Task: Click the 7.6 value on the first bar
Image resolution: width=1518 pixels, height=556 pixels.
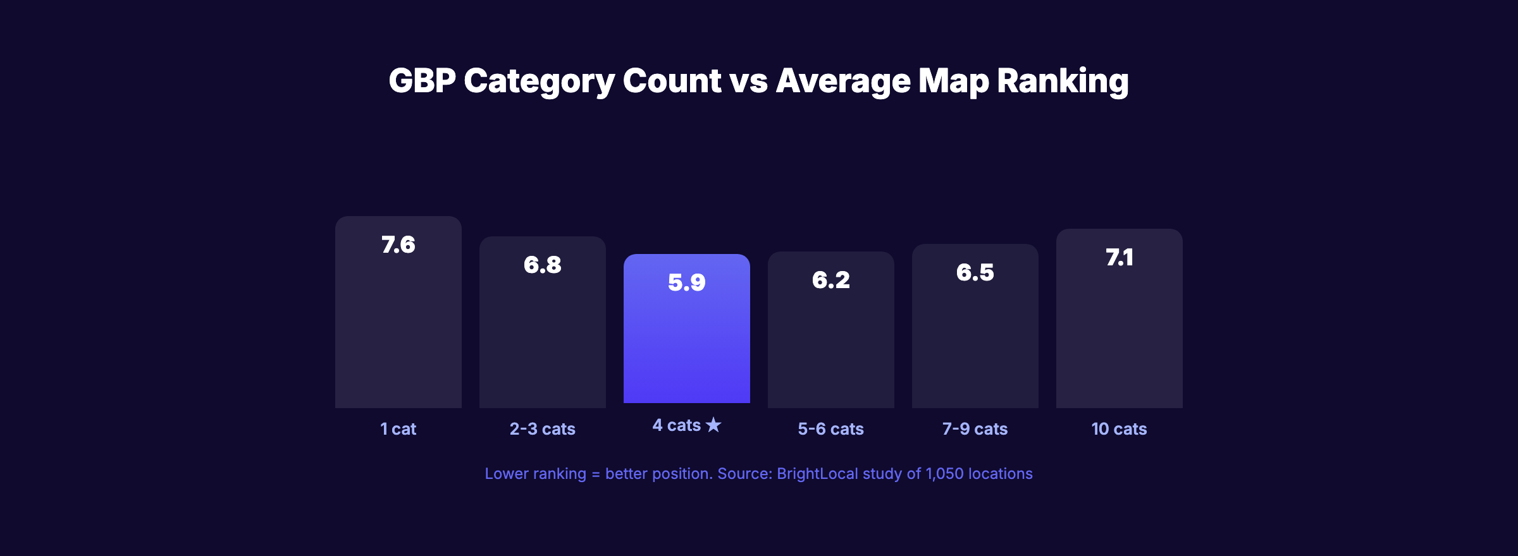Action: (398, 245)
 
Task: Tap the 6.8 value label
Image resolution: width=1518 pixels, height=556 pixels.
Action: (542, 265)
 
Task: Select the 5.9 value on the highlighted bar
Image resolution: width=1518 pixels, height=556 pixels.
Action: (686, 282)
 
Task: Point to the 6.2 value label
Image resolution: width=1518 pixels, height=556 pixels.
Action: (830, 280)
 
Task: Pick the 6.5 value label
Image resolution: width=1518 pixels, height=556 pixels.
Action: (975, 273)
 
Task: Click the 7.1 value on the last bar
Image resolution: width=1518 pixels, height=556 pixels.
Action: (1119, 258)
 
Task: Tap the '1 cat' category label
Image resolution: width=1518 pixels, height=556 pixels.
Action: (398, 429)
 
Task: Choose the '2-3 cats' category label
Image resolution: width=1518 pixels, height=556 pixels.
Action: (542, 429)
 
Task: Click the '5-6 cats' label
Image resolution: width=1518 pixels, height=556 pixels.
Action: (830, 429)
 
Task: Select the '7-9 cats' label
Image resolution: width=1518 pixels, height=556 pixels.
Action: (975, 429)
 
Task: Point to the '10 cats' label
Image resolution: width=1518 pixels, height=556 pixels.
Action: (1119, 429)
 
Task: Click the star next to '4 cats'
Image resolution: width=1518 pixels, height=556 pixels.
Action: (713, 425)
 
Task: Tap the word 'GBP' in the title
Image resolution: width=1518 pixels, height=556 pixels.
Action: (422, 81)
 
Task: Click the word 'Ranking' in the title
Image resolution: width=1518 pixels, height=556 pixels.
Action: (1063, 81)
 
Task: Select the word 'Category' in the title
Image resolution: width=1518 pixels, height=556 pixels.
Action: (539, 81)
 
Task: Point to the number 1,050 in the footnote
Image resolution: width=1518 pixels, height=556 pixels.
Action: (944, 474)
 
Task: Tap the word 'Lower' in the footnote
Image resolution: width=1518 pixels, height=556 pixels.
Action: (505, 474)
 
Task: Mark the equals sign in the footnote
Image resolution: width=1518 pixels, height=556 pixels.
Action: (596, 474)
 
